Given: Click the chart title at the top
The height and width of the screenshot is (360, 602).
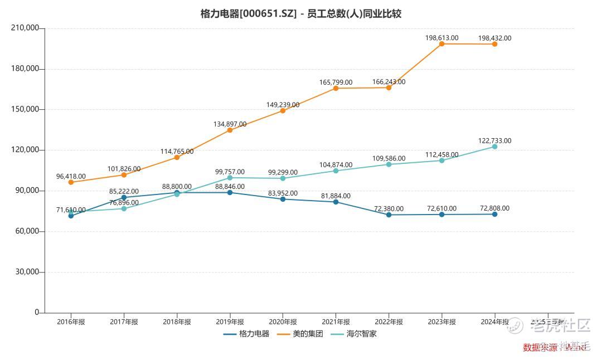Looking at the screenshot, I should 300,13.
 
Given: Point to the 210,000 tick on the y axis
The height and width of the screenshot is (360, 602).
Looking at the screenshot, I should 25,28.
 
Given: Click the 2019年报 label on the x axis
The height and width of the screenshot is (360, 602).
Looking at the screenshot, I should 230,322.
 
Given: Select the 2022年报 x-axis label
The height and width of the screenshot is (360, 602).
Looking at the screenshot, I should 389,322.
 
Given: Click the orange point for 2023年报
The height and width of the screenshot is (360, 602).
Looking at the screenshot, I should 441,43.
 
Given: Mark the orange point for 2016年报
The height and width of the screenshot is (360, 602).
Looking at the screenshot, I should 71,182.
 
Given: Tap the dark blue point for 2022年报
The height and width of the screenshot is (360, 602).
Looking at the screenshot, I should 389,215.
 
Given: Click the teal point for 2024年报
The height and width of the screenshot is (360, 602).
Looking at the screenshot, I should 494,147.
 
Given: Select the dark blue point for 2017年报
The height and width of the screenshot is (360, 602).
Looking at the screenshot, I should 124,197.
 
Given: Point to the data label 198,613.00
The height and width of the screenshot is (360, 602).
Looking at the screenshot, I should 441,38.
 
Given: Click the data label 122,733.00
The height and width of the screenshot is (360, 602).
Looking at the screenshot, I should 495,141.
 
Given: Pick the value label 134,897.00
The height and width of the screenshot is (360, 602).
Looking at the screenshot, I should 230,124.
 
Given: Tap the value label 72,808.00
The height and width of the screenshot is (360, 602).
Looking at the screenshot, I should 494,208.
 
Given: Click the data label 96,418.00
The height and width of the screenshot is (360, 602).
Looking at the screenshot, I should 71,176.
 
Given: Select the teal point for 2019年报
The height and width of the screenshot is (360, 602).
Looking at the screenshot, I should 230,178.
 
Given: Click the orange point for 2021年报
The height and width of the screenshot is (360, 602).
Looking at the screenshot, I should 336,88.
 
